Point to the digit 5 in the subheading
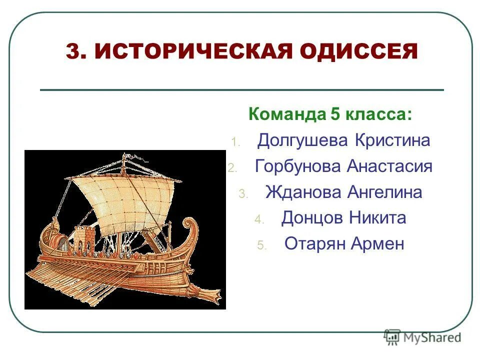coord(334,114)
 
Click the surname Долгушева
coord(302,140)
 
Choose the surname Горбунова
coord(298,166)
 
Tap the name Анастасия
coord(389,166)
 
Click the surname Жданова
coord(302,192)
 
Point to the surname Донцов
coord(308,218)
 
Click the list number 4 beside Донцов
coord(258,219)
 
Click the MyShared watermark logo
coord(422,337)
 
